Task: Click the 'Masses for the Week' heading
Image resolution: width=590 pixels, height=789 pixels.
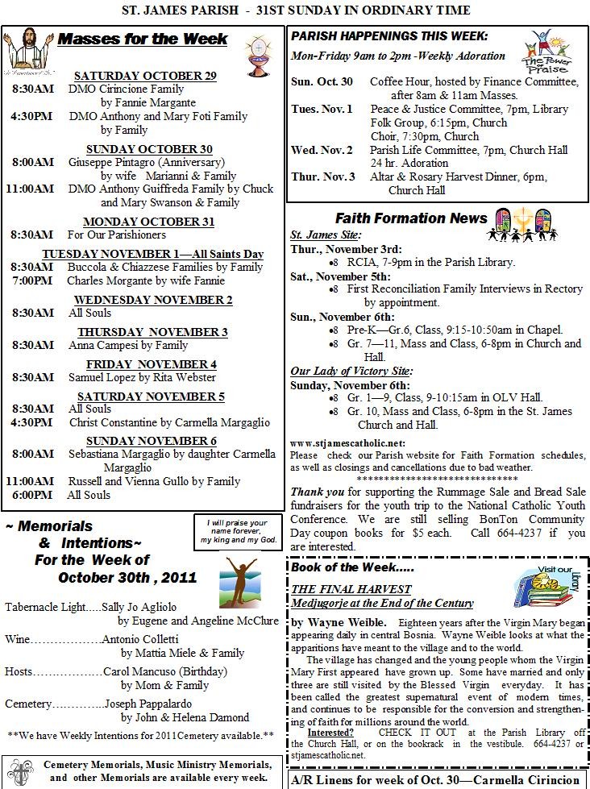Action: (143, 39)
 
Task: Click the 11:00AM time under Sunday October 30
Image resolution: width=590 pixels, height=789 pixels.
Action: (30, 189)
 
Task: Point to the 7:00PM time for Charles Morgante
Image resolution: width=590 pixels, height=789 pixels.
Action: (33, 281)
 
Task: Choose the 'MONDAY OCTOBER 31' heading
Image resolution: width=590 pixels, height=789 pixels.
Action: (148, 222)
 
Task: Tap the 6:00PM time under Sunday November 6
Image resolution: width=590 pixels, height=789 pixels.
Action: (33, 495)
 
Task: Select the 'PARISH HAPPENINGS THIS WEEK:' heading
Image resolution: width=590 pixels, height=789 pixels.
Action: (388, 37)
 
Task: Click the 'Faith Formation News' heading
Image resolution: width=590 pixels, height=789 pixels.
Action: (411, 218)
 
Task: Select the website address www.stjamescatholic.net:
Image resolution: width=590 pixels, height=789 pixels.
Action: (347, 443)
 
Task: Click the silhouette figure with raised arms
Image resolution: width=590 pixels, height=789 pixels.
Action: (239, 579)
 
